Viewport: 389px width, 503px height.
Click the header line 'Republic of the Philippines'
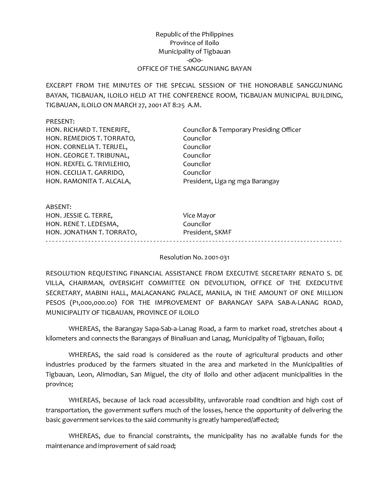(x=194, y=34)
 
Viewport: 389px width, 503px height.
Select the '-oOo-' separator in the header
(x=194, y=60)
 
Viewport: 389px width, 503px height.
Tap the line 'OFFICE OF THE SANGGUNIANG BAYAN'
(x=194, y=69)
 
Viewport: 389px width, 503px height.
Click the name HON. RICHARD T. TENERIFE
(x=88, y=130)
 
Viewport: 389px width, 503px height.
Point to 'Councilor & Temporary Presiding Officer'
(x=242, y=130)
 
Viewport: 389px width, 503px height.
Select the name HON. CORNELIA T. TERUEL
(x=87, y=147)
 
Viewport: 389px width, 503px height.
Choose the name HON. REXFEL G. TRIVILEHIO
(x=88, y=164)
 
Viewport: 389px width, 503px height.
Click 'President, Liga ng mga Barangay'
(x=231, y=181)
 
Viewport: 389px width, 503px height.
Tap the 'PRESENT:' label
(x=60, y=121)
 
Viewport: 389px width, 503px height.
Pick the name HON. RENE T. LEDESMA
(x=82, y=224)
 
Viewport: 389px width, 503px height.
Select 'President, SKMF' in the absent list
(x=207, y=233)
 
